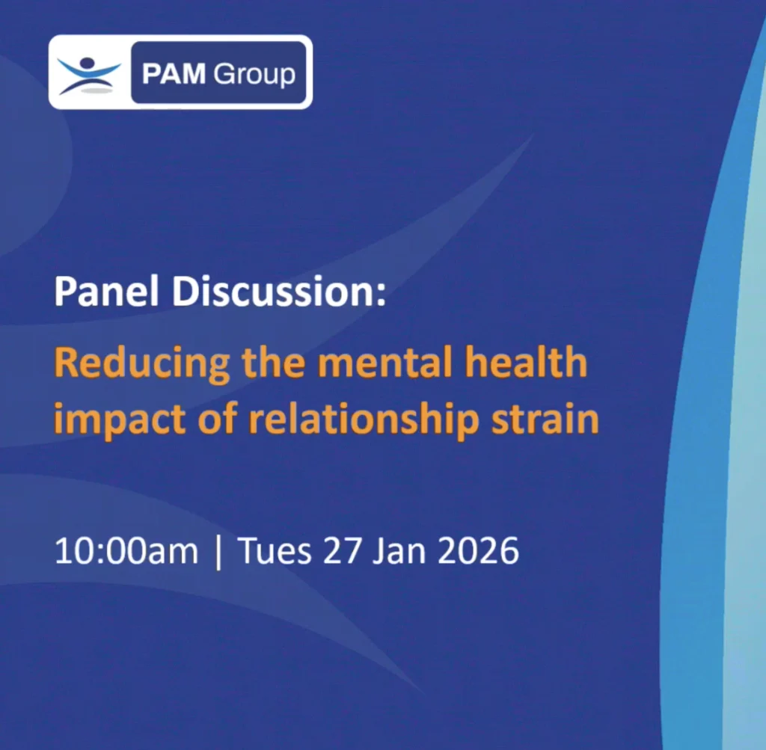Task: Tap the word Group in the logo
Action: coord(254,74)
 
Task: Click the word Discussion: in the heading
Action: coord(278,292)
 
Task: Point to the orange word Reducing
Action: coord(142,364)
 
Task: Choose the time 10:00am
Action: coord(126,553)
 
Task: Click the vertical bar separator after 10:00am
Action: coord(218,553)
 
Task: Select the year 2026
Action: coord(479,553)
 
